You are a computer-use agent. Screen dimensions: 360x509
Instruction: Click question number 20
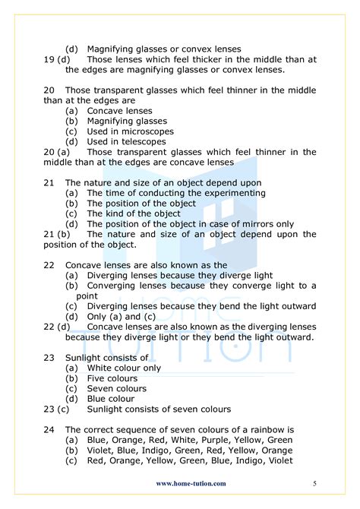pyautogui.click(x=49, y=90)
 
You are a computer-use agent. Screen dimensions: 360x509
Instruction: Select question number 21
pyautogui.click(x=49, y=183)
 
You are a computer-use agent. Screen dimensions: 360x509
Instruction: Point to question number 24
pyautogui.click(x=49, y=429)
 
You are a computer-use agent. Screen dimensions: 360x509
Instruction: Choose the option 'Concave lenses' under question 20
pyautogui.click(x=120, y=111)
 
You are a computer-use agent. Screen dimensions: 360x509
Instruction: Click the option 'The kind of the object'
pyautogui.click(x=133, y=213)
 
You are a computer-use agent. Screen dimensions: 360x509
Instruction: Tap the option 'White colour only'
pyautogui.click(x=124, y=368)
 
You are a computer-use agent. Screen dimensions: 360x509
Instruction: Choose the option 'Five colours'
pyautogui.click(x=112, y=378)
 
